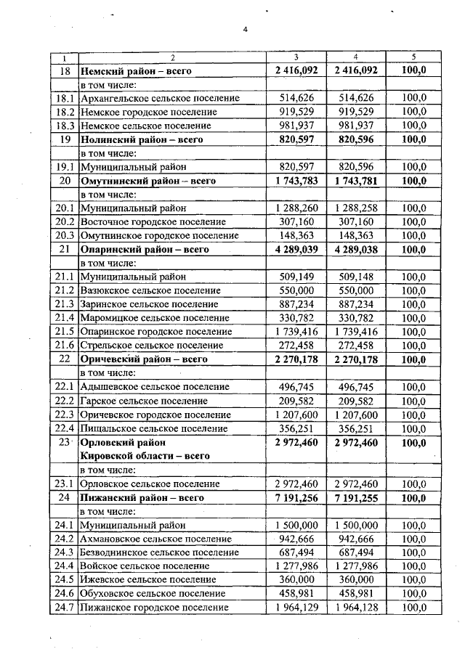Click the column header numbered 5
click(x=413, y=57)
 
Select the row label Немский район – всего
click(x=137, y=70)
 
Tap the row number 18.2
click(x=64, y=112)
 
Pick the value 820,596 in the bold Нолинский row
click(x=355, y=139)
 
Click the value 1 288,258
click(x=355, y=208)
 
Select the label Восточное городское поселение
click(x=153, y=221)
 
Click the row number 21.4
click(x=64, y=318)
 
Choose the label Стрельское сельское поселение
click(x=152, y=346)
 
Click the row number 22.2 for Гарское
click(x=64, y=401)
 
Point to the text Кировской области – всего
click(x=145, y=456)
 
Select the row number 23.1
click(x=64, y=483)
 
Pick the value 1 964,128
click(x=355, y=608)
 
